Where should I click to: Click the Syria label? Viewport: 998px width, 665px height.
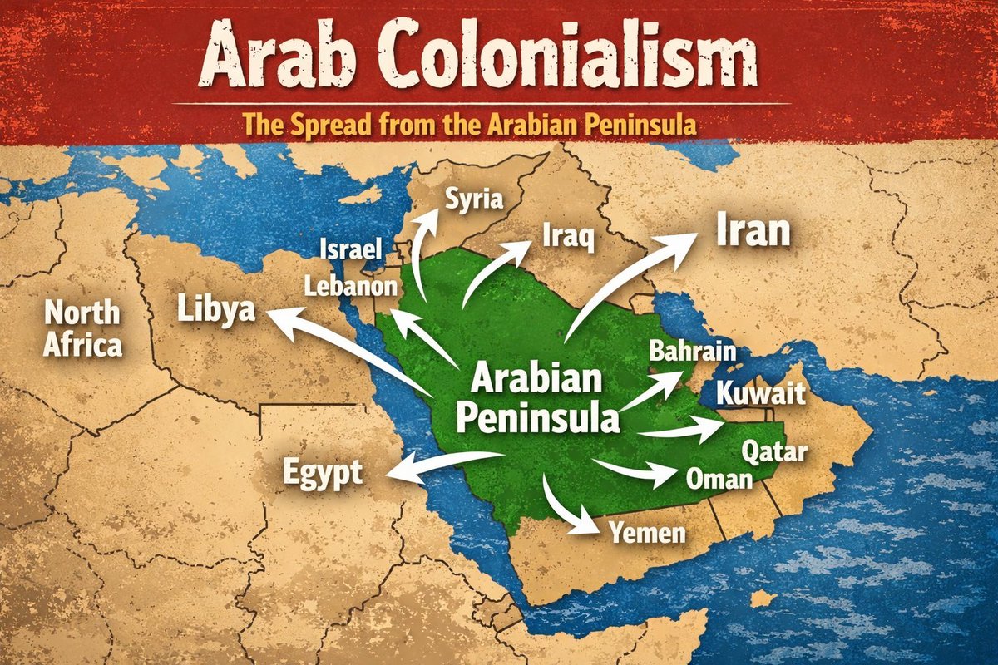point(475,199)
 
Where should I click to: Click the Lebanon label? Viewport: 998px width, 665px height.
point(349,287)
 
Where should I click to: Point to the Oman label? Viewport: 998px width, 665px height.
point(719,478)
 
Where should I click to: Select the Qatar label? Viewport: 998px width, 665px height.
point(773,452)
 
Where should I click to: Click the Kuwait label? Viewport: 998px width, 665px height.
point(761,392)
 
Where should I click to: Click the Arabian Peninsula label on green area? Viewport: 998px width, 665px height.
point(536,399)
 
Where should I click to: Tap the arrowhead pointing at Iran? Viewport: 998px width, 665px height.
point(687,243)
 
